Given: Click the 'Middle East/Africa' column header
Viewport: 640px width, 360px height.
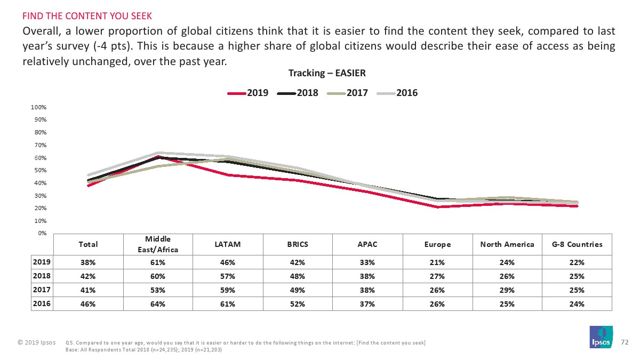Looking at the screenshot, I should tap(158, 244).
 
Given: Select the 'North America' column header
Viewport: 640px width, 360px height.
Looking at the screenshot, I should tap(507, 244).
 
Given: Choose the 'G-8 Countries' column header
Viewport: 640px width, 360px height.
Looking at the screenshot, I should tap(577, 244).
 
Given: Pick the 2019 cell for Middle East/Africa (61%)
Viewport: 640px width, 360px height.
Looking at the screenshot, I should tap(158, 262).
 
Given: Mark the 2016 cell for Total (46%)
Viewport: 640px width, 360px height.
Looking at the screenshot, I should tap(88, 304).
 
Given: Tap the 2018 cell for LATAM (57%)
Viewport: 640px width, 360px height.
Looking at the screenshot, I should tap(228, 276).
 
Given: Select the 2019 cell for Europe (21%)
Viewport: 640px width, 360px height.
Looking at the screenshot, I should tap(437, 262).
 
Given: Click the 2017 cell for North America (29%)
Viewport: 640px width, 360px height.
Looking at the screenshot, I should tap(507, 290).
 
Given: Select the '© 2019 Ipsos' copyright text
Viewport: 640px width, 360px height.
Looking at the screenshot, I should tap(35, 342).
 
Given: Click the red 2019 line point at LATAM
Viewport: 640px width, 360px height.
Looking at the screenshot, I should tap(228, 175).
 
